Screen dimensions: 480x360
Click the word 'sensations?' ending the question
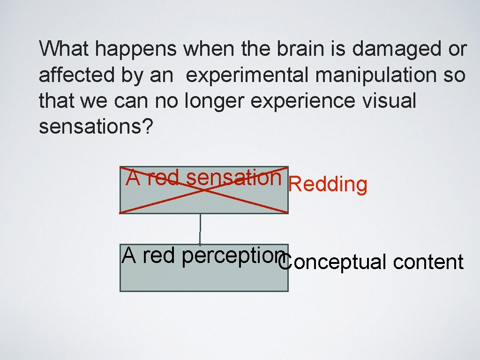pyautogui.click(x=96, y=127)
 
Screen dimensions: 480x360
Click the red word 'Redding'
pyautogui.click(x=328, y=185)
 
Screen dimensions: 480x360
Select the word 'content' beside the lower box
pyautogui.click(x=428, y=262)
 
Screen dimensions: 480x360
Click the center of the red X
pyautogui.click(x=204, y=189)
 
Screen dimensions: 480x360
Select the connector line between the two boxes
pyautogui.click(x=200, y=229)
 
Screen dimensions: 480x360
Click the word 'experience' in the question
pyautogui.click(x=303, y=101)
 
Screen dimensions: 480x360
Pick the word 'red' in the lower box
pyautogui.click(x=159, y=256)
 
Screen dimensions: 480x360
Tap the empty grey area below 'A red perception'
pyautogui.click(x=204, y=279)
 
